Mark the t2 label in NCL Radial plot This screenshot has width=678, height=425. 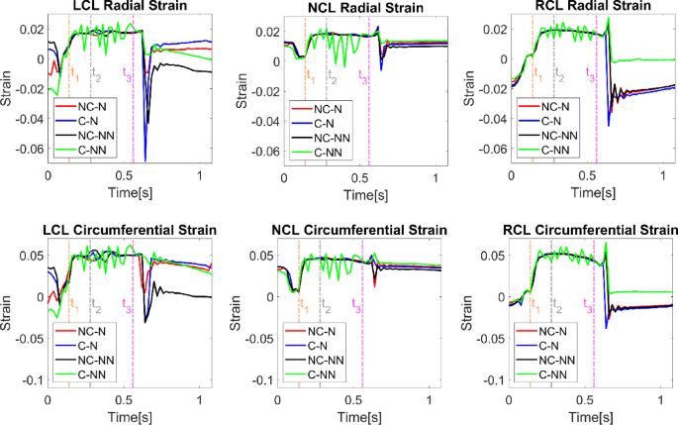click(332, 79)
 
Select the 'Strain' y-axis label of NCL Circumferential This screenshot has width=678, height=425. click(238, 322)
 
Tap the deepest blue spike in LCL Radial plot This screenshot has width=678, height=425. click(145, 159)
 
